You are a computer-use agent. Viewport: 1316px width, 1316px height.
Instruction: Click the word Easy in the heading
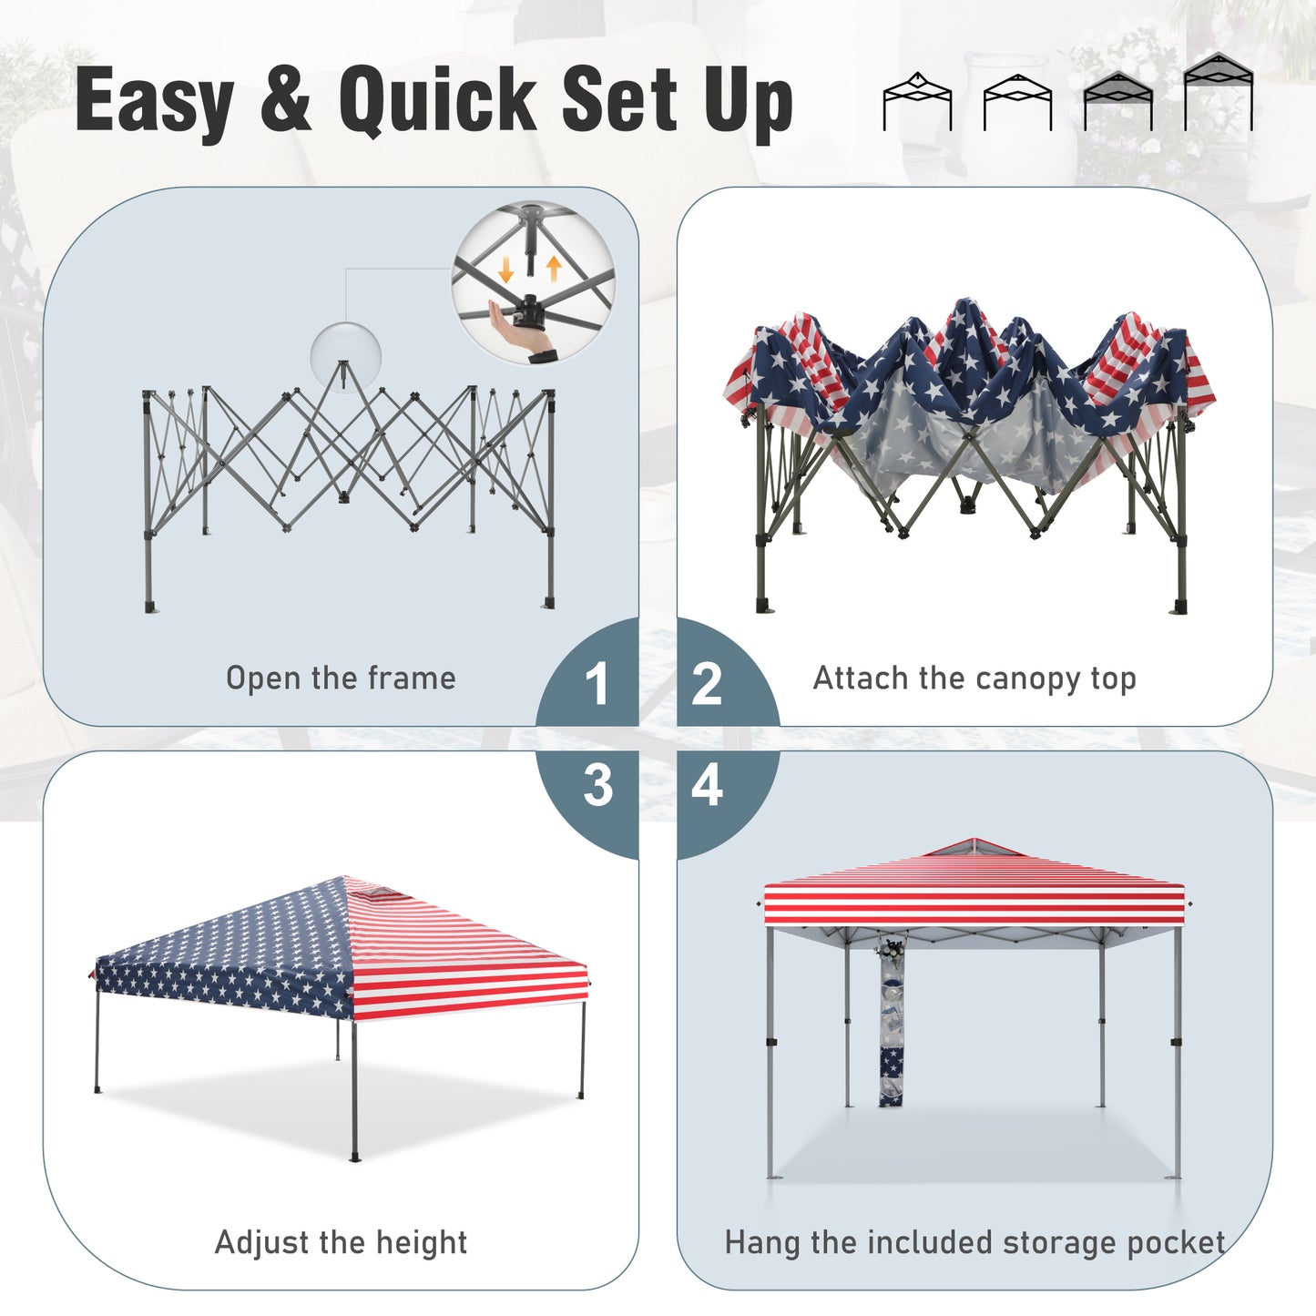(154, 99)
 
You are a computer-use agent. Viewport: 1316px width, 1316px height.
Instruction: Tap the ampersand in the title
(286, 98)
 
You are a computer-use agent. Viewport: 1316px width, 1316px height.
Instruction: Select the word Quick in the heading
(437, 98)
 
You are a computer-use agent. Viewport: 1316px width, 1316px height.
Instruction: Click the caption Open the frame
(341, 678)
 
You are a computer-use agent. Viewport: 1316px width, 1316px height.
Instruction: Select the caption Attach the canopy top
(974, 678)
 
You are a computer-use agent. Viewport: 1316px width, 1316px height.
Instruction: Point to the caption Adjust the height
(341, 1242)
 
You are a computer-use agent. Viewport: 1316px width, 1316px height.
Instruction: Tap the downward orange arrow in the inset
(506, 270)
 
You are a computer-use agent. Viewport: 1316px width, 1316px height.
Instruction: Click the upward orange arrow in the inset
(553, 269)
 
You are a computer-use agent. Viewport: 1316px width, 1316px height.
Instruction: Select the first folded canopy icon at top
(917, 101)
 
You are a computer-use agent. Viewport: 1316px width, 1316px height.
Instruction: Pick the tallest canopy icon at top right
(1219, 91)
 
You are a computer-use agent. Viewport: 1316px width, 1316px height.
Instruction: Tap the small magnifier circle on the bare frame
(345, 356)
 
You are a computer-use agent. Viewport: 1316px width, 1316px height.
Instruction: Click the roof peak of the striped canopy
(974, 840)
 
